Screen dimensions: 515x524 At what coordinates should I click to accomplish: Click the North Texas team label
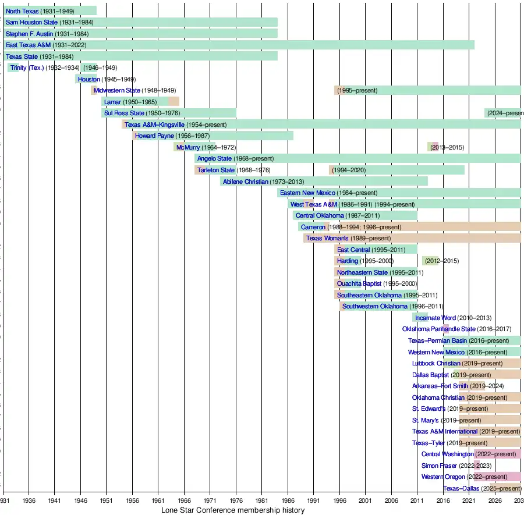(x=22, y=11)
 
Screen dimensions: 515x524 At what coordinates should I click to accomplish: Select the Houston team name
(x=89, y=79)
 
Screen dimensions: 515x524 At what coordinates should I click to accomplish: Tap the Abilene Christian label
(x=245, y=182)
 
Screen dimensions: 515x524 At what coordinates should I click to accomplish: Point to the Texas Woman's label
(x=327, y=238)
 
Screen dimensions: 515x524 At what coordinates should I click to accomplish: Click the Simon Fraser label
(x=439, y=466)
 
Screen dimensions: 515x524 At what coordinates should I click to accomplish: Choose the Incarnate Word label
(x=435, y=318)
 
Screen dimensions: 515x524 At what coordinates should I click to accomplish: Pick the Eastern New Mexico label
(x=307, y=193)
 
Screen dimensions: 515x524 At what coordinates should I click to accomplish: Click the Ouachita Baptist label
(x=359, y=283)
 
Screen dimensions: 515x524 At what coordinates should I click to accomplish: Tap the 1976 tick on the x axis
(x=236, y=500)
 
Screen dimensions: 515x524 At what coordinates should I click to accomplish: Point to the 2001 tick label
(x=366, y=500)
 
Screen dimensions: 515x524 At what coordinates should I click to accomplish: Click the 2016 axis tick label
(x=443, y=500)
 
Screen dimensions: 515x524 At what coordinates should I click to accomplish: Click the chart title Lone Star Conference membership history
(x=232, y=510)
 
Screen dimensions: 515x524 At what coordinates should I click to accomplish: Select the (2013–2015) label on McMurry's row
(x=447, y=147)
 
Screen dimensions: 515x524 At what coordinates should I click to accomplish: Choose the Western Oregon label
(x=443, y=477)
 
